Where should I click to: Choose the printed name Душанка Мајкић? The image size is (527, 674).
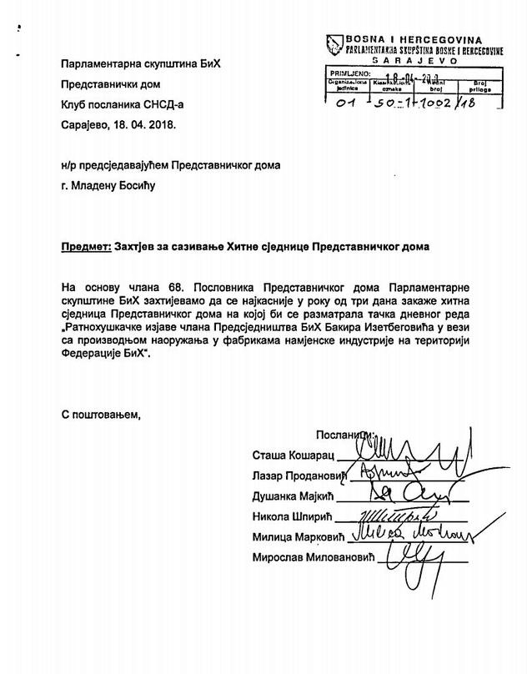point(296,495)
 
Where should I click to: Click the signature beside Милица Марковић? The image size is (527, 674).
point(409,531)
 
